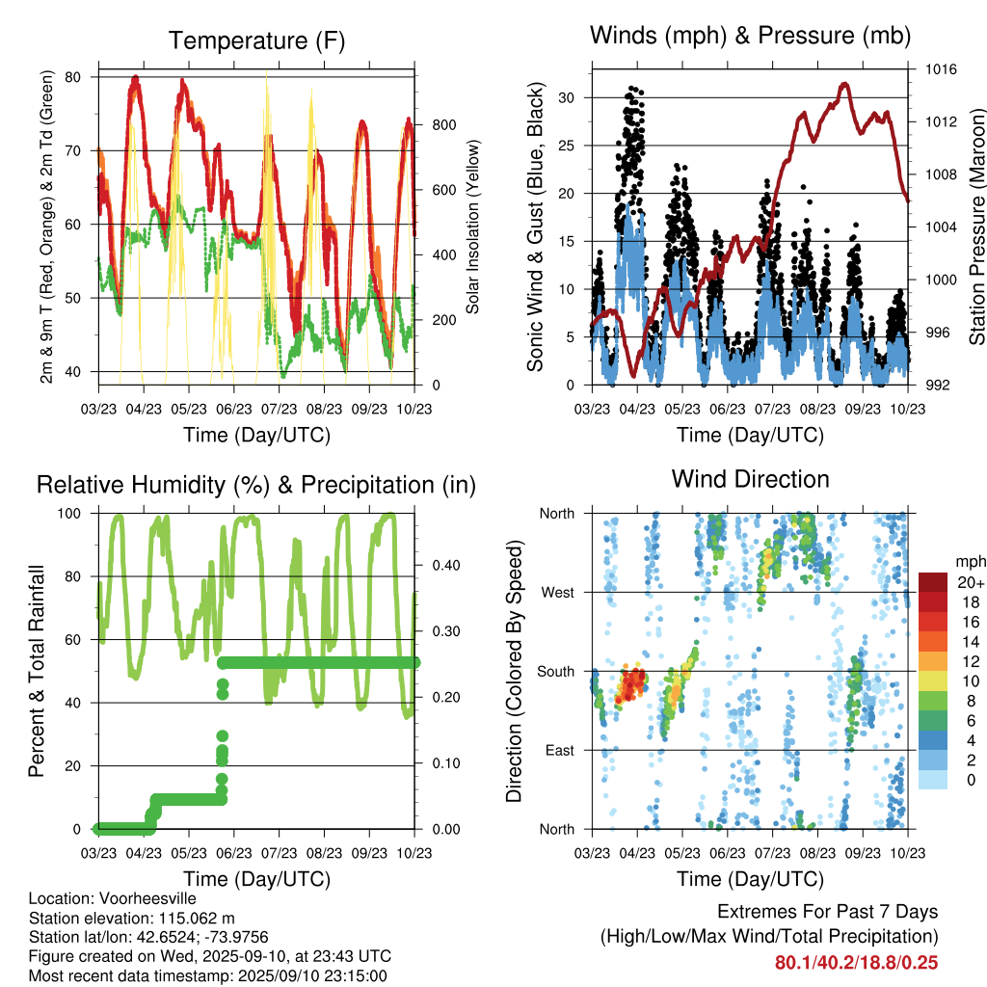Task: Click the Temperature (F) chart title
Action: pyautogui.click(x=256, y=40)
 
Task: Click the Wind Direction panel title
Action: pyautogui.click(x=750, y=479)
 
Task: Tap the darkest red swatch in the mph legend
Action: pyautogui.click(x=932, y=582)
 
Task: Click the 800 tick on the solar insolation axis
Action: pyautogui.click(x=443, y=125)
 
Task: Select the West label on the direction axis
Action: pyautogui.click(x=557, y=592)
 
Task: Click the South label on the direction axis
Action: pyautogui.click(x=555, y=671)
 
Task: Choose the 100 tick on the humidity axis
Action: pyautogui.click(x=70, y=514)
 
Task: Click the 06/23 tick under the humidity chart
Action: pyautogui.click(x=233, y=853)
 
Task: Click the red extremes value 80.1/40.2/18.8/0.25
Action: pyautogui.click(x=856, y=962)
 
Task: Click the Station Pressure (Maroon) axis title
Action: pyautogui.click(x=976, y=227)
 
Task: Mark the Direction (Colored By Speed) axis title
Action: pyautogui.click(x=514, y=671)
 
